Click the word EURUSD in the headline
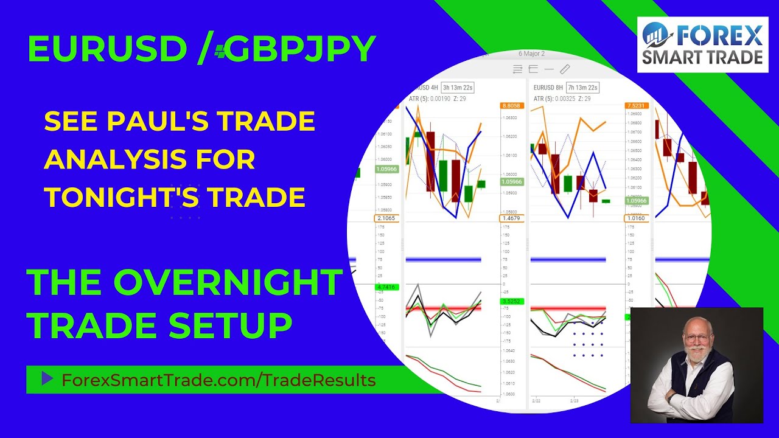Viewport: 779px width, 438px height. pyautogui.click(x=107, y=49)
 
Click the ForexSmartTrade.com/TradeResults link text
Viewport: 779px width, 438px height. pyautogui.click(x=218, y=380)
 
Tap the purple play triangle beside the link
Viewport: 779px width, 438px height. pyautogui.click(x=47, y=380)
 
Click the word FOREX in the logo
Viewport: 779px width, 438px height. pyautogui.click(x=721, y=36)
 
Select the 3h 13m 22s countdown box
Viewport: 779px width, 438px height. pyautogui.click(x=458, y=88)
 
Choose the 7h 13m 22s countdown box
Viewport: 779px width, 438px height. pyautogui.click(x=582, y=88)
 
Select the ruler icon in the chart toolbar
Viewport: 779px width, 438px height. pyautogui.click(x=564, y=69)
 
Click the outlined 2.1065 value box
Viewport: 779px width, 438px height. pyautogui.click(x=386, y=218)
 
